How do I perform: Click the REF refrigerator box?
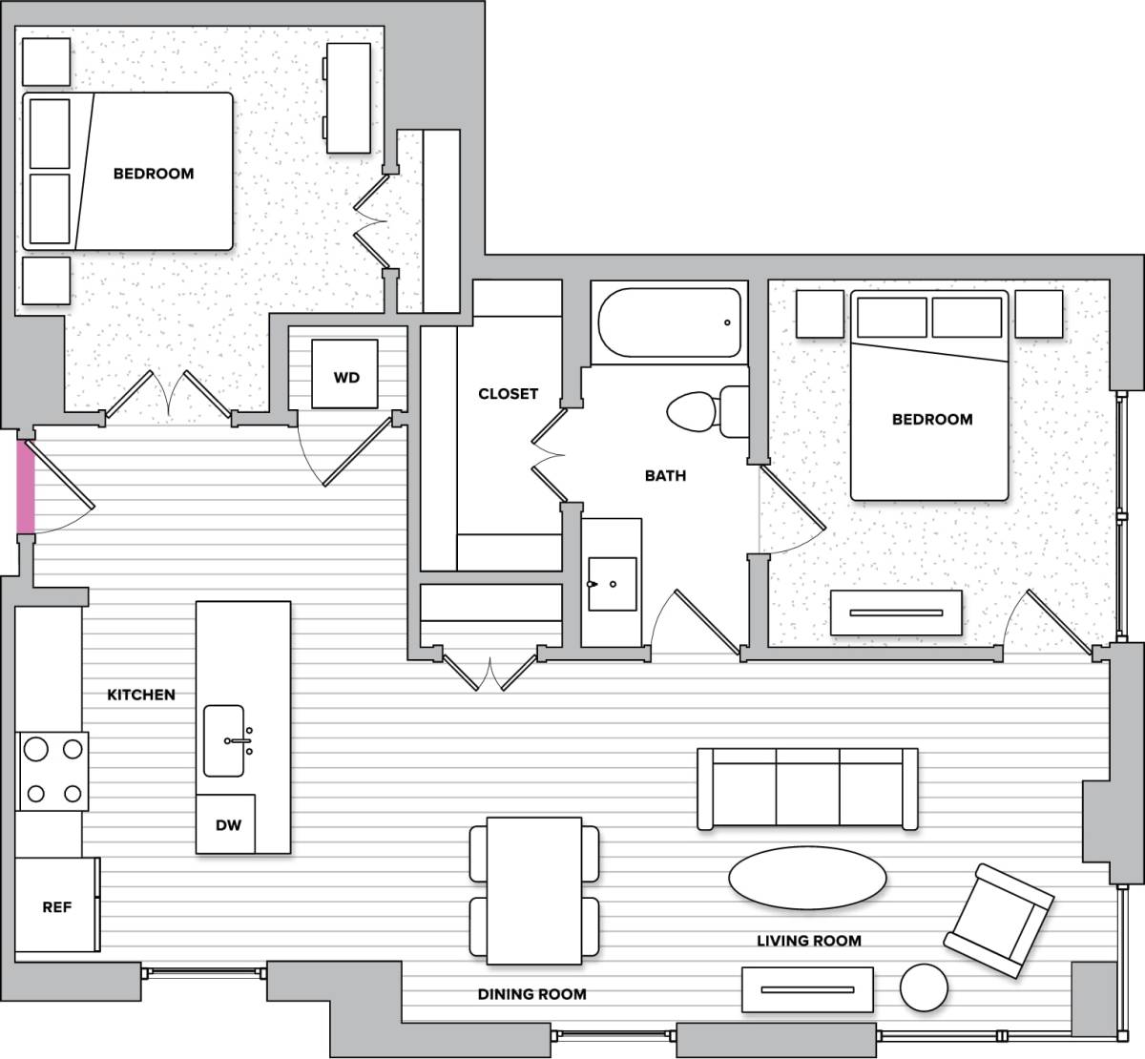(x=57, y=905)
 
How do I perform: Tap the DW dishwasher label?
(x=227, y=824)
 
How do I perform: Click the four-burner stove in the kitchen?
(x=53, y=771)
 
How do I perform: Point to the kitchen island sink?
(x=225, y=740)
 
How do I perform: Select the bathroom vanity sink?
(x=612, y=583)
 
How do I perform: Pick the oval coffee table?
(x=806, y=878)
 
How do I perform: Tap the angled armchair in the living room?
(x=998, y=921)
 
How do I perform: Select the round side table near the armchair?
(x=926, y=986)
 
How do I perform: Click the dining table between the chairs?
(x=534, y=889)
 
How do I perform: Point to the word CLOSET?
(x=508, y=393)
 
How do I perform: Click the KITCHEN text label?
(x=141, y=695)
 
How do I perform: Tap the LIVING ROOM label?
(x=809, y=941)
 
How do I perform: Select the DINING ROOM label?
(x=531, y=994)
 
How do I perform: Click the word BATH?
(x=665, y=475)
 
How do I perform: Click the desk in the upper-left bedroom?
(x=348, y=97)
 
